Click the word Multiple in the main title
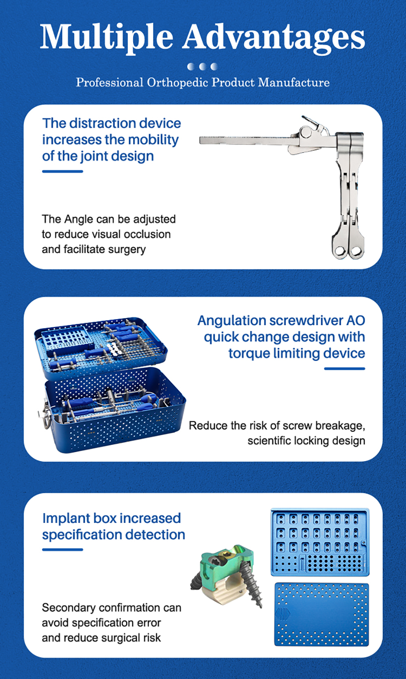[x=106, y=37]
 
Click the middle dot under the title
[x=202, y=67]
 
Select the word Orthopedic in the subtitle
[x=177, y=82]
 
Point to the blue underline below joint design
[x=63, y=171]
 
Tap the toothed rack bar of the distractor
[x=244, y=141]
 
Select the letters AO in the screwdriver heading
[x=356, y=321]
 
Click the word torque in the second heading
[x=249, y=353]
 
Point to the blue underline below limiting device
[x=344, y=369]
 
